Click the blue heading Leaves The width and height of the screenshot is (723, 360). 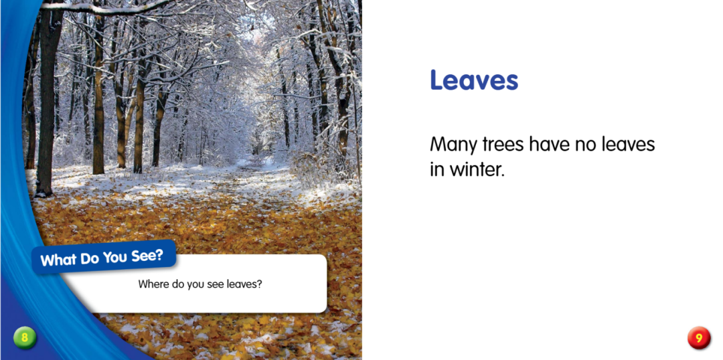tap(474, 81)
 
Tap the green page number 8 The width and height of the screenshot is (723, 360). tap(25, 337)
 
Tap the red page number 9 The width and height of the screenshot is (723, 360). tap(698, 338)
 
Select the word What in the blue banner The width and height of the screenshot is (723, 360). tap(60, 260)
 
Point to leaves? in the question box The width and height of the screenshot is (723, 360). tap(245, 284)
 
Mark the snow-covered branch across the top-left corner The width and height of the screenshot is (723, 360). tap(110, 8)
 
